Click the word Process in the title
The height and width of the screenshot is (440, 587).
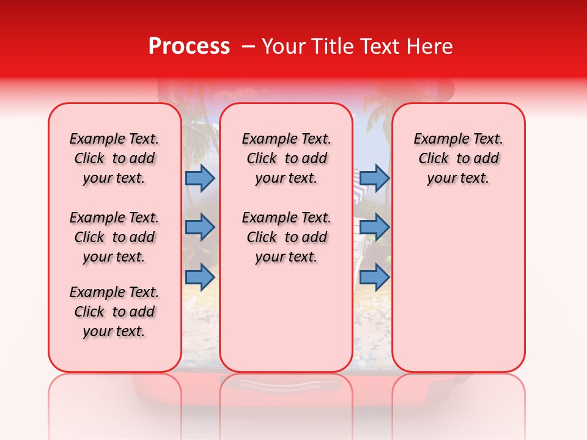[188, 46]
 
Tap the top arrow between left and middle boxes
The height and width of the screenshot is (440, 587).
[200, 178]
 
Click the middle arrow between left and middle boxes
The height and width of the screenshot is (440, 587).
[200, 227]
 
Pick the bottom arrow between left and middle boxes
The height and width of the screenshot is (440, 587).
[200, 277]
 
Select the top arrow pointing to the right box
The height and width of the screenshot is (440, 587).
[374, 178]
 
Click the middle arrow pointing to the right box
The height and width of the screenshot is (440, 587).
[374, 227]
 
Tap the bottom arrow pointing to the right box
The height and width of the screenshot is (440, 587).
[374, 277]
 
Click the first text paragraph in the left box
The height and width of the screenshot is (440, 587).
[114, 158]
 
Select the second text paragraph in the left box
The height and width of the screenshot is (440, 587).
[114, 237]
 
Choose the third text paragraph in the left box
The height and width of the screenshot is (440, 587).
[114, 312]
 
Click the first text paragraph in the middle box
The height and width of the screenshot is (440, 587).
[286, 158]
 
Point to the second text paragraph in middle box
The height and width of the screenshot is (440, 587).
[286, 237]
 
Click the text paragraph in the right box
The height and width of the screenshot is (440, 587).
[458, 158]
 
